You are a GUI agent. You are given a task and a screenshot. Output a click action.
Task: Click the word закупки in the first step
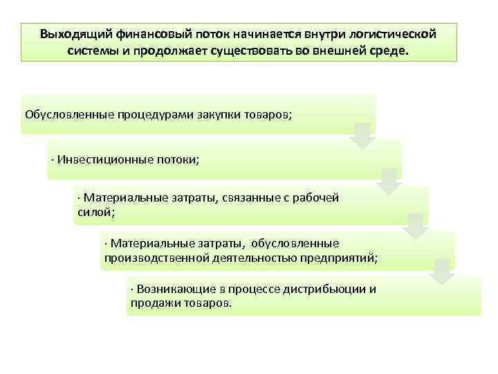212,114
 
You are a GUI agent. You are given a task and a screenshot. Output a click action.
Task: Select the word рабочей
316,197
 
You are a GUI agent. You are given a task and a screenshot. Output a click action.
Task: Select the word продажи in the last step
152,303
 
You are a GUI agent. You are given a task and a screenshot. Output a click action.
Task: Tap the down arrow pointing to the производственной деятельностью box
416,226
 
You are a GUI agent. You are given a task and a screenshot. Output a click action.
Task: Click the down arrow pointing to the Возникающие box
442,271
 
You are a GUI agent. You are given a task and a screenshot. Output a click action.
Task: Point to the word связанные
253,197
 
